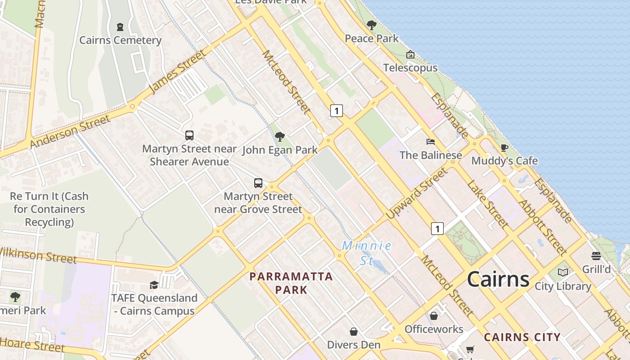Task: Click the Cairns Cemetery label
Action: [x=120, y=40]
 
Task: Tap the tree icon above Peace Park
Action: [x=371, y=25]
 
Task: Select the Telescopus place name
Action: [x=410, y=68]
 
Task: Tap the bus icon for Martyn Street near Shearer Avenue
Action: [x=189, y=135]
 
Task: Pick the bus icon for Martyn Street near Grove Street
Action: [x=258, y=183]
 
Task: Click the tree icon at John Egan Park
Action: [x=280, y=136]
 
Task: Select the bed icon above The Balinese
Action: [x=431, y=142]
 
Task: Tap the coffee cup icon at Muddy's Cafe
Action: [x=504, y=148]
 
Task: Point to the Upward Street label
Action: [x=417, y=193]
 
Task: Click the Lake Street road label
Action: [x=487, y=204]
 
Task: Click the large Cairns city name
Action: [x=498, y=279]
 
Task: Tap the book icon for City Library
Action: [x=563, y=272]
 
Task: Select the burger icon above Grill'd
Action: [x=596, y=256]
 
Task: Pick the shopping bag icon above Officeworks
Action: [x=434, y=316]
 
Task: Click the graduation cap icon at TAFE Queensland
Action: [x=154, y=285]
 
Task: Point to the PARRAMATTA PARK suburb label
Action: [x=291, y=283]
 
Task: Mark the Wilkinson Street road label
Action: [x=38, y=256]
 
